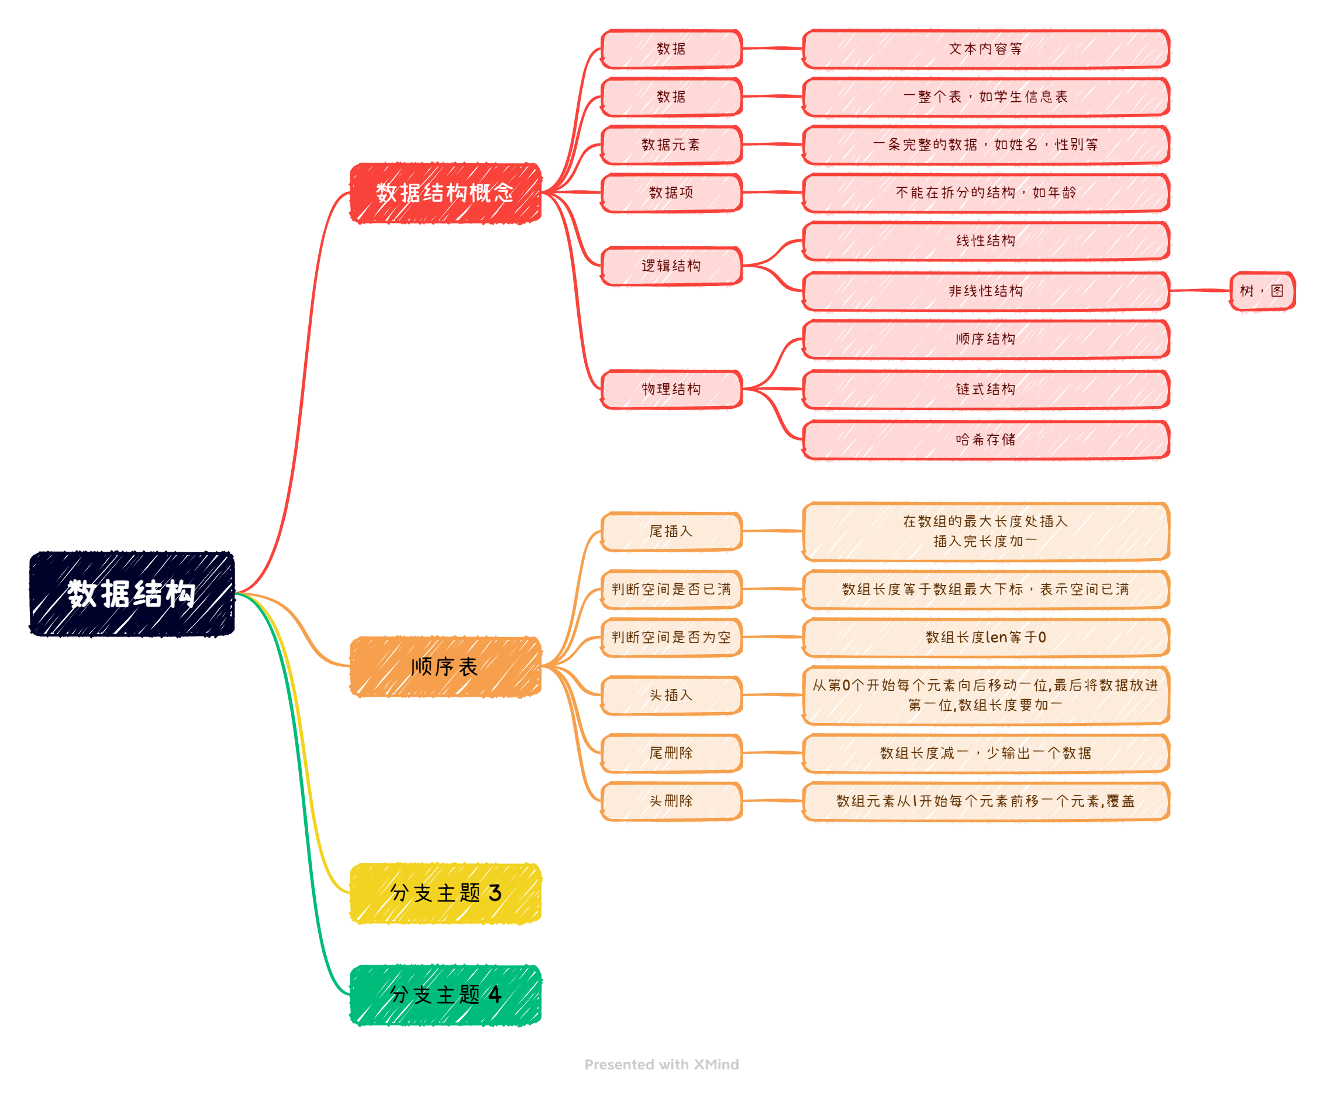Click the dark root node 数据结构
[132, 593]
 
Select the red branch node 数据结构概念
[444, 192]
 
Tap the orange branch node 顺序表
[444, 666]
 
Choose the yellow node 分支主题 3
[444, 892]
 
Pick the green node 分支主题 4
[444, 994]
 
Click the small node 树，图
[1261, 291]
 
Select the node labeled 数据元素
[671, 145]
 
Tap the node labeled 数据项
[671, 192]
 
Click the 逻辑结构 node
[671, 265]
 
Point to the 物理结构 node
[671, 389]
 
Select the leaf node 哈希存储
[985, 439]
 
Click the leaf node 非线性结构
[985, 291]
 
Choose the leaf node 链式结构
[985, 389]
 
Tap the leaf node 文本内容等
[985, 49]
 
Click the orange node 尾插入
[671, 531]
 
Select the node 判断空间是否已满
[671, 589]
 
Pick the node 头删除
[671, 800]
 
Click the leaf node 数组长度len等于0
[985, 637]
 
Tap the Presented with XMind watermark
[661, 1064]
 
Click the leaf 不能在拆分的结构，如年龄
[985, 192]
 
